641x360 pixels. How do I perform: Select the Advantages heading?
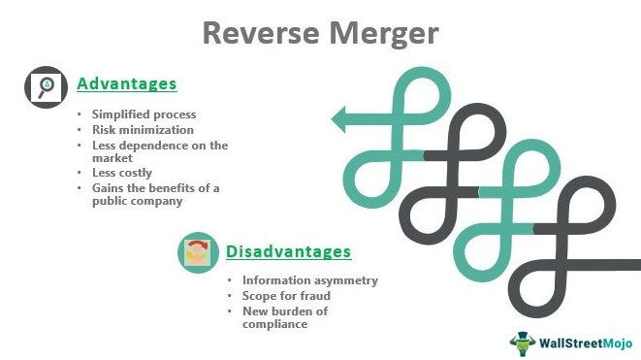point(126,84)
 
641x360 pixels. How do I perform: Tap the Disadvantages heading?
point(288,252)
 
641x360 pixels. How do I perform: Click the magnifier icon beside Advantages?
point(43,86)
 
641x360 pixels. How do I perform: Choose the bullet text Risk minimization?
point(143,129)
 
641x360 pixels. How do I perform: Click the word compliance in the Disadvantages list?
point(275,324)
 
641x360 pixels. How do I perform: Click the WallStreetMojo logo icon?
point(524,342)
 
